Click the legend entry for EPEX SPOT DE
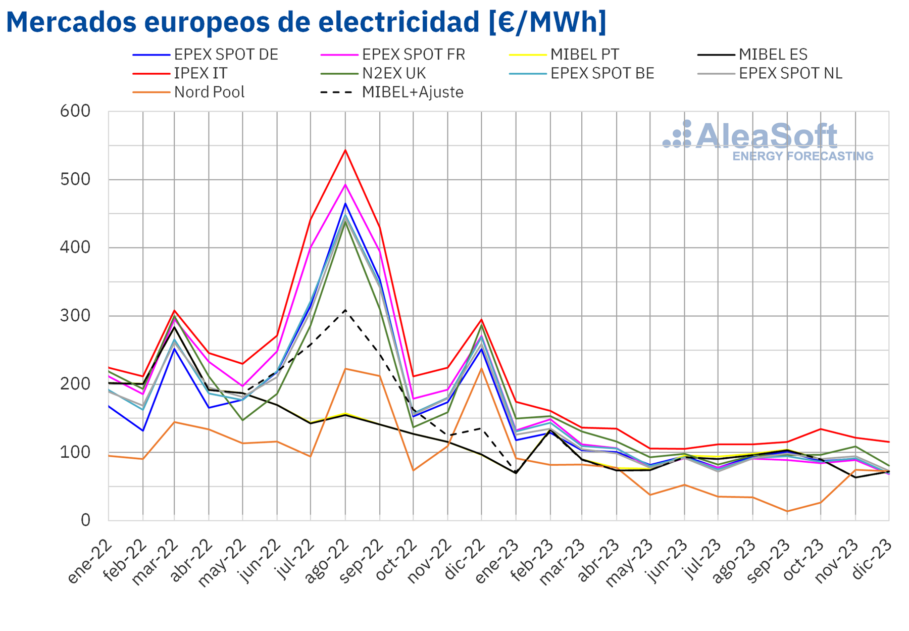(206, 55)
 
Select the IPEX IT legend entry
(180, 74)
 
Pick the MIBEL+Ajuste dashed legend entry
(392, 92)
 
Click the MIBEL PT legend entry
(564, 55)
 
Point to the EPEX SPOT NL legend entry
(770, 74)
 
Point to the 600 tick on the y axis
(75, 111)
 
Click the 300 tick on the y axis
(75, 316)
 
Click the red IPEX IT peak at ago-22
(345, 150)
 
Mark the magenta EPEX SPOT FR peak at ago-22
(345, 184)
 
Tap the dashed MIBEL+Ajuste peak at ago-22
(345, 310)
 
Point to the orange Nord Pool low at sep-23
(787, 511)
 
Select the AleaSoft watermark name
(767, 136)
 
